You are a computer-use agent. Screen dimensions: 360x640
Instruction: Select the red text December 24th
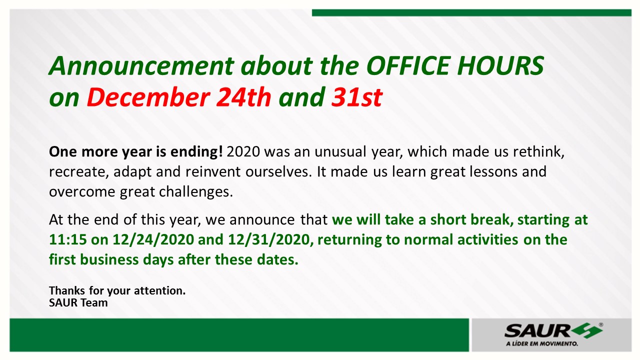point(178,97)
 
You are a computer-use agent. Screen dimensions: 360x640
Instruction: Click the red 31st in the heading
point(356,97)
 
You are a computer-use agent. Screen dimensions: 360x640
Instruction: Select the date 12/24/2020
point(153,240)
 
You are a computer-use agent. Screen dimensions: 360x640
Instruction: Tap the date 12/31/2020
point(270,240)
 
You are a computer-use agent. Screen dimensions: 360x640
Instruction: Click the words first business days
point(112,260)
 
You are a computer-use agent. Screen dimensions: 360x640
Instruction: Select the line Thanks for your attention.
point(117,290)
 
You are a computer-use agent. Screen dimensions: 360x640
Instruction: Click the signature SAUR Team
point(78,302)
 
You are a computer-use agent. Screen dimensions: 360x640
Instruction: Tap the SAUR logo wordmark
point(537,330)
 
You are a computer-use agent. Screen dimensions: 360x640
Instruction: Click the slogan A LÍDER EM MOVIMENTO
point(542,344)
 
